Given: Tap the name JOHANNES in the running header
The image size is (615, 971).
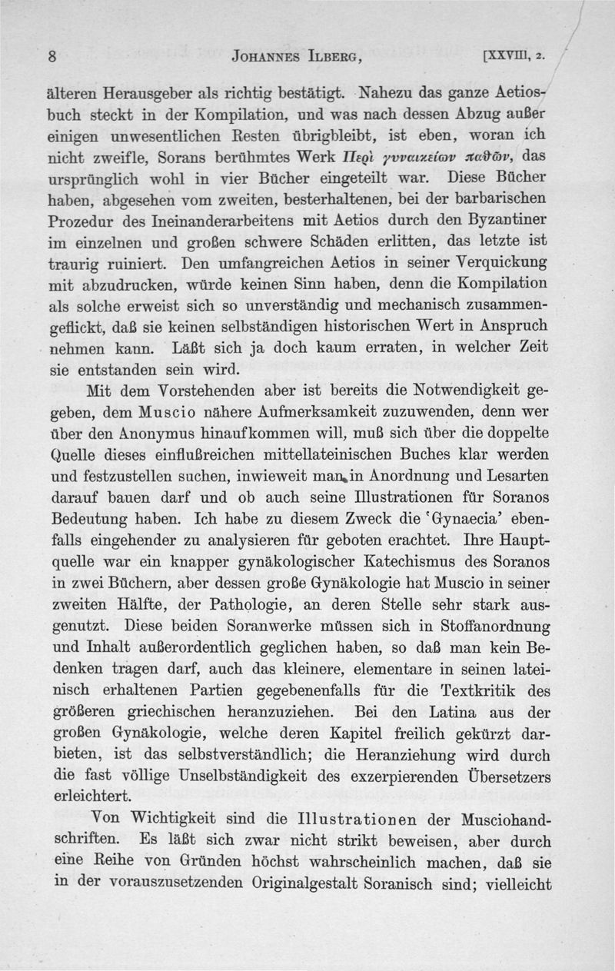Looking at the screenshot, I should point(265,56).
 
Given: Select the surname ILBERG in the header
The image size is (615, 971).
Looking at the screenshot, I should point(336,56).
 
